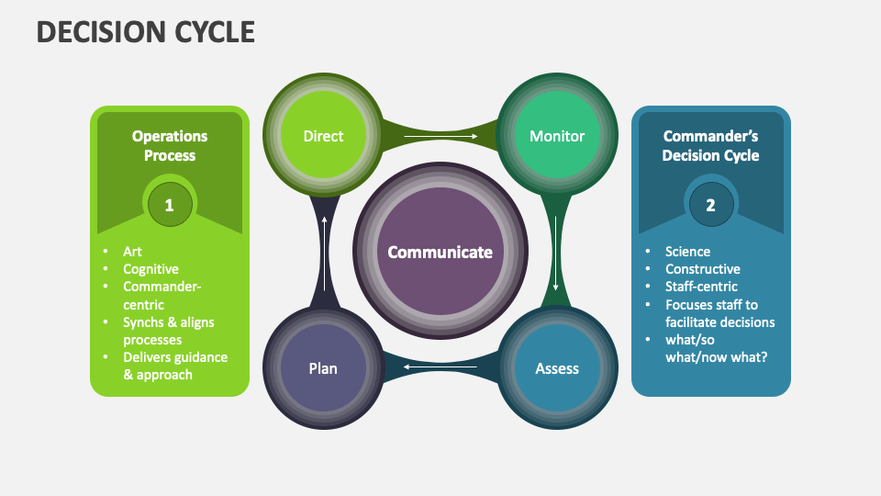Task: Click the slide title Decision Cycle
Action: [145, 32]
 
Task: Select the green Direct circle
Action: [323, 136]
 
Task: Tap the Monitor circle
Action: [557, 136]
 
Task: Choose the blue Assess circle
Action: [557, 368]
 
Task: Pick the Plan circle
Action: [323, 368]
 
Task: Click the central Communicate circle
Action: [440, 252]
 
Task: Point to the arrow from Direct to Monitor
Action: [440, 136]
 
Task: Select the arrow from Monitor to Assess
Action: [557, 253]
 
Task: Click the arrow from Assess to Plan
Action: [440, 368]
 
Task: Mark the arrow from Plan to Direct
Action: [323, 253]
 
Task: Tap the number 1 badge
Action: [170, 205]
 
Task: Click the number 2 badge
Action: [710, 205]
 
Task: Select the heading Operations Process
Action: [170, 146]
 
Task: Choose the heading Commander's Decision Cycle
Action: [711, 146]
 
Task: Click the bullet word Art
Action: [133, 252]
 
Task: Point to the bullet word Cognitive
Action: [151, 269]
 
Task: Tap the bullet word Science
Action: [688, 252]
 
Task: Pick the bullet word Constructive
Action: [703, 269]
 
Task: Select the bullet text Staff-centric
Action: [702, 287]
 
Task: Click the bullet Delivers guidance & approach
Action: [175, 366]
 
